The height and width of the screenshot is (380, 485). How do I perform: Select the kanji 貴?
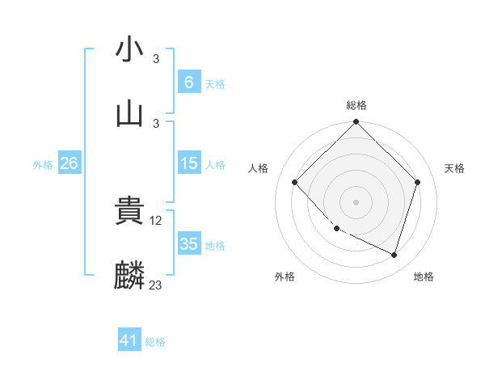129,210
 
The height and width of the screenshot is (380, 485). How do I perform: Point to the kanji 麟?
129,275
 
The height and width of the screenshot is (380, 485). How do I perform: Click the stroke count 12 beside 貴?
157,220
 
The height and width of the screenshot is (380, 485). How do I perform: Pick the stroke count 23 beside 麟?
156,285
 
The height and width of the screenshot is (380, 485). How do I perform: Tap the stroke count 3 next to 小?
156,59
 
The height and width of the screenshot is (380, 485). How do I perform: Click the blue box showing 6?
188,82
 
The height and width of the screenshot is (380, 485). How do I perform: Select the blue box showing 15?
188,163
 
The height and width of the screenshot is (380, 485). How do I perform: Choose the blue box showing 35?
188,244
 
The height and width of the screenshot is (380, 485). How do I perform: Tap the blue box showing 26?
70,163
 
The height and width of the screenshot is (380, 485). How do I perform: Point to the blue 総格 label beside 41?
155,342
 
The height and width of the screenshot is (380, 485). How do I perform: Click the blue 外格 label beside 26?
43,164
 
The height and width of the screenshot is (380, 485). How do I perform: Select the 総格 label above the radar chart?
356,105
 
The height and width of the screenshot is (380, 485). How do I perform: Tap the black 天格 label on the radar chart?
454,168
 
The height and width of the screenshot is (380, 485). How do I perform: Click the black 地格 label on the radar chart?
424,277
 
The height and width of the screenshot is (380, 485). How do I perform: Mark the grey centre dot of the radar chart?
356,202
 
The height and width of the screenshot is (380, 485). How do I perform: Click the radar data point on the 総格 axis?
356,124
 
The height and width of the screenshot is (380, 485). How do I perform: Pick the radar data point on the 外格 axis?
337,229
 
